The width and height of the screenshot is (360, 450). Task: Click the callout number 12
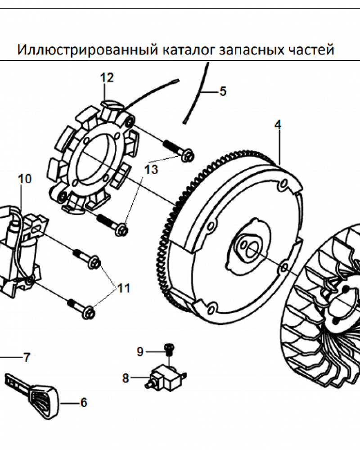click(107, 78)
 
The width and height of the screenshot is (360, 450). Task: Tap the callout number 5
click(223, 92)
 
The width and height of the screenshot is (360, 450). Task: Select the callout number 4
click(278, 125)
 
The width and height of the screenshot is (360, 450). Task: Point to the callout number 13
click(152, 170)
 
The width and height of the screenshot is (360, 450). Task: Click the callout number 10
click(25, 179)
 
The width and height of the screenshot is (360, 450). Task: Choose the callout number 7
click(27, 358)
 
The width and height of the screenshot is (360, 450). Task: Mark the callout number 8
click(126, 378)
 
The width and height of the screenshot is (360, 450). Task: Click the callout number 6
click(83, 403)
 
